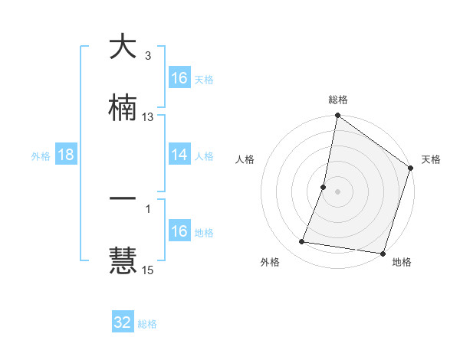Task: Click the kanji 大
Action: (123, 47)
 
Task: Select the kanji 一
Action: (123, 198)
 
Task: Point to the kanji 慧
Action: (123, 260)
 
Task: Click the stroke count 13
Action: (148, 117)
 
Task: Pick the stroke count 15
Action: (148, 270)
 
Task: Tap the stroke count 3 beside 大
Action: (148, 56)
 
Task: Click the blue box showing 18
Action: (66, 155)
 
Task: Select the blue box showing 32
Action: (123, 322)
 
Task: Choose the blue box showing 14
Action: (179, 155)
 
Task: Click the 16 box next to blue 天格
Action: (179, 78)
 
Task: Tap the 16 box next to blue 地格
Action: (179, 231)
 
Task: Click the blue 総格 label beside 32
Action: (148, 324)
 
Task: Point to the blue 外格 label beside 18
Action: (41, 155)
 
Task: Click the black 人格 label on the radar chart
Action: (245, 160)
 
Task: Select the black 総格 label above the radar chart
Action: (338, 100)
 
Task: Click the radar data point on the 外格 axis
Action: (302, 242)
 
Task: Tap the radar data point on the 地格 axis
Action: (383, 254)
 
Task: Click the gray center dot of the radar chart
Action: (338, 191)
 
